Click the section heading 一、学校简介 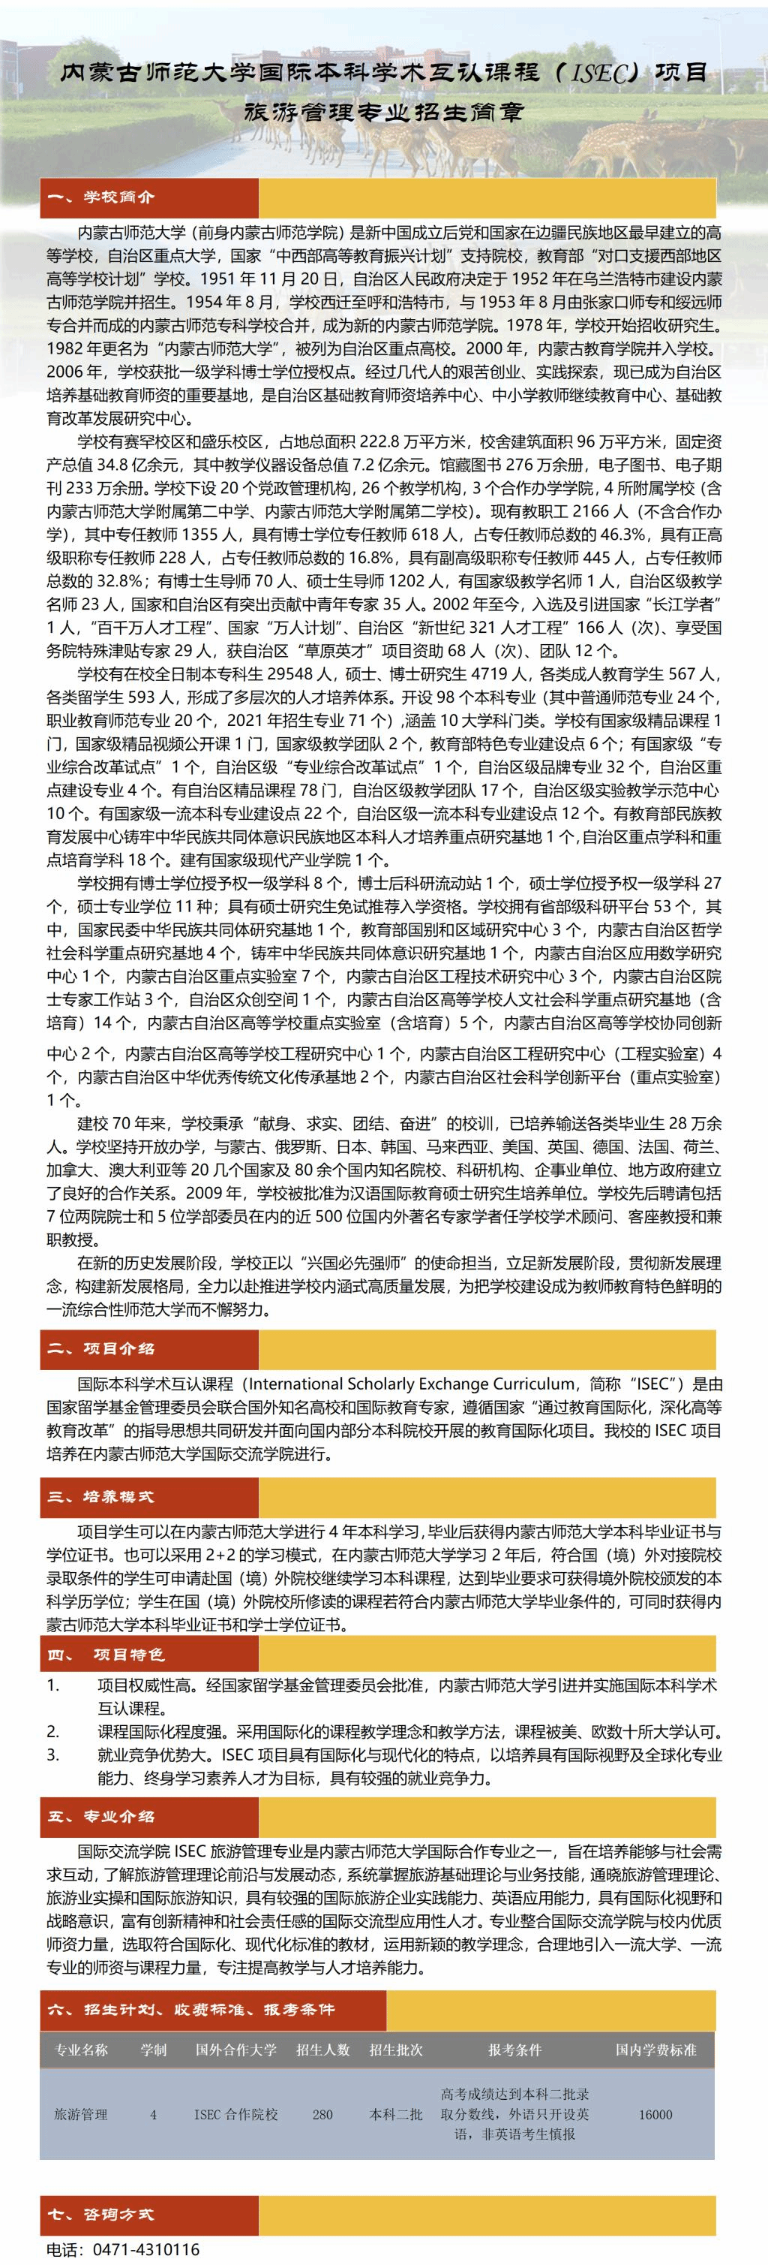100,197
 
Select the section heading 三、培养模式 100,1496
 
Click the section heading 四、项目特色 106,1655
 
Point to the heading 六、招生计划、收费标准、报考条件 190,2009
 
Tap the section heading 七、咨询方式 100,2214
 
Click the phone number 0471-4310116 145,2249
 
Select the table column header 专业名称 82,2050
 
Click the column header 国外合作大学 235,2050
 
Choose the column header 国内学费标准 655,2050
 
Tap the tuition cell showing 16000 655,2115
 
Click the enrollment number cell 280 322,2115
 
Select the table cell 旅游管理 81,2115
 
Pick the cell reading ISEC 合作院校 235,2115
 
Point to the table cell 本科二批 395,2115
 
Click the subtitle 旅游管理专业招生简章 383,113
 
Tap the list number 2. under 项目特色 52,1732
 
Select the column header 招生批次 395,2050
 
